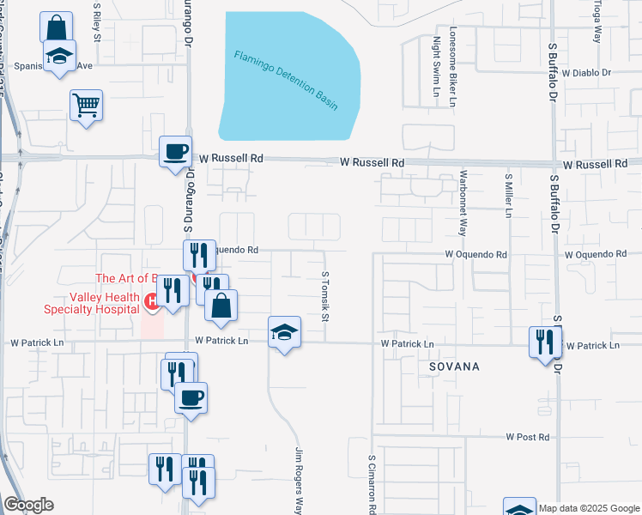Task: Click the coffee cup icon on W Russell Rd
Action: click(175, 152)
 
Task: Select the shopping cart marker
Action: click(86, 106)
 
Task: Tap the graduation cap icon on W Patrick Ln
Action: click(285, 332)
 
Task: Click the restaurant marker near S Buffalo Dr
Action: click(544, 342)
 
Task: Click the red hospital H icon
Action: click(152, 300)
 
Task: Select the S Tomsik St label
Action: click(325, 294)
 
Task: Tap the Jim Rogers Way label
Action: click(300, 480)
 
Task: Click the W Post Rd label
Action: click(527, 437)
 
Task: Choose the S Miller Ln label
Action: click(508, 196)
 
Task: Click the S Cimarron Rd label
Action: click(373, 483)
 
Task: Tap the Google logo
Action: click(28, 505)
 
